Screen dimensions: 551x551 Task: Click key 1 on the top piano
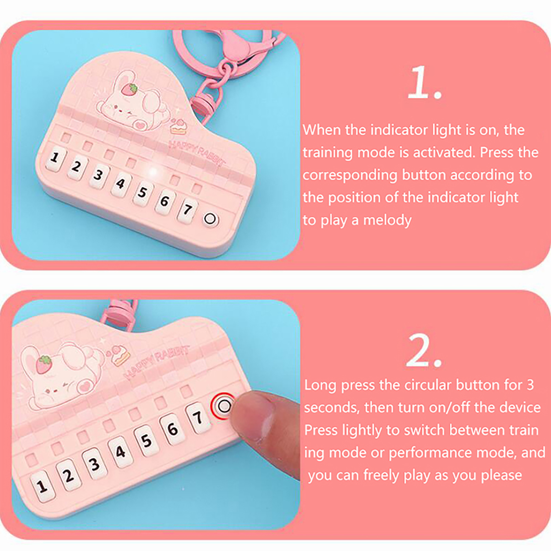[x=55, y=159]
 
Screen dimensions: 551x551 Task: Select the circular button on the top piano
[x=210, y=219]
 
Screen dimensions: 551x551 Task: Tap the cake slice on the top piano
[x=178, y=126]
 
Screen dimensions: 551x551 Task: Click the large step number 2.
[x=424, y=350]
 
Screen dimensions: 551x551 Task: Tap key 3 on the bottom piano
[x=94, y=464]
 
